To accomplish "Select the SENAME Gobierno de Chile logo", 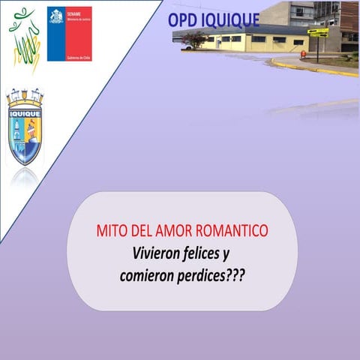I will pos(69,34).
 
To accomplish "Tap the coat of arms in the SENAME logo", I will pos(56,16).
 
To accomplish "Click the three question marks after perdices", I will pos(237,275).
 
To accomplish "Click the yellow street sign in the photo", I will pos(318,32).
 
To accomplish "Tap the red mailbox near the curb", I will pos(303,54).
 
